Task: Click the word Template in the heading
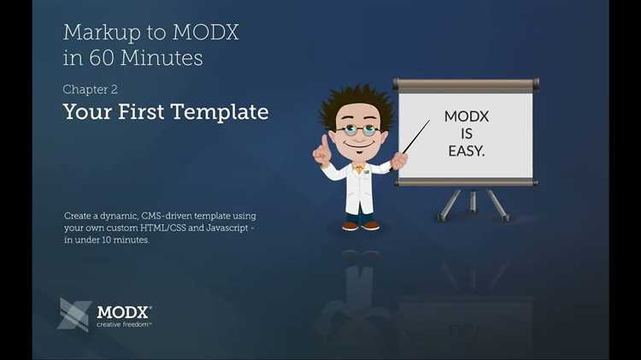coord(220,112)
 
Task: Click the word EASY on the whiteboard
coord(466,150)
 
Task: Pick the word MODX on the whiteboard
coord(467,117)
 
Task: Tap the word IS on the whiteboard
coord(467,133)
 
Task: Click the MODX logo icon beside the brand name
coord(74,314)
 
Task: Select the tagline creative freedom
coord(124,324)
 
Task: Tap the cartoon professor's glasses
coord(357,131)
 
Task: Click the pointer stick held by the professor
coord(415,138)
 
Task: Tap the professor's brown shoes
coord(360,226)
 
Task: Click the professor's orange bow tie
coord(359,168)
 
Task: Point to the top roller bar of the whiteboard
coord(466,86)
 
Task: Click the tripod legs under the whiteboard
coord(472,204)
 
